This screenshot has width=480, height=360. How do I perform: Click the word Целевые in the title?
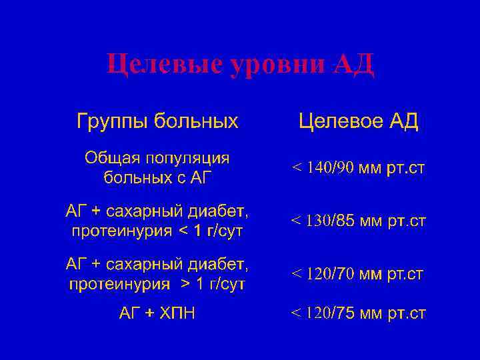coord(163,65)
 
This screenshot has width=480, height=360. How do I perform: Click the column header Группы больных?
coord(157,121)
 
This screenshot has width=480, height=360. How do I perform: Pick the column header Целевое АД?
coord(358,121)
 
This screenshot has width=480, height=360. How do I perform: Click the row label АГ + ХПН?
coord(157,313)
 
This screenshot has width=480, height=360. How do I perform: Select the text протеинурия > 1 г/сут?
coord(157,284)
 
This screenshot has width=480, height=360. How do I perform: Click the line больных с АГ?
coord(157,177)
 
